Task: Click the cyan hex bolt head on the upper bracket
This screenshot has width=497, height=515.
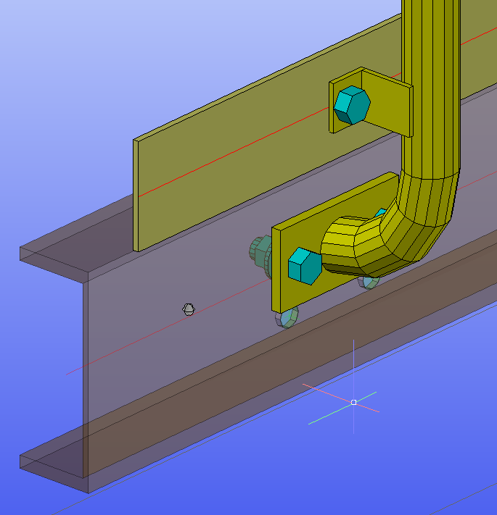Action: click(351, 106)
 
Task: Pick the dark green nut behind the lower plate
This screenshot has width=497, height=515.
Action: click(260, 251)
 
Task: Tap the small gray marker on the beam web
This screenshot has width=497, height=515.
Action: click(189, 309)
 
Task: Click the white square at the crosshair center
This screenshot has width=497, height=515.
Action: click(353, 402)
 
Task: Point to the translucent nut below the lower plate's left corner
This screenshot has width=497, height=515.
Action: click(287, 317)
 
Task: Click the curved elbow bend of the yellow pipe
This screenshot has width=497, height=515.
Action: click(417, 225)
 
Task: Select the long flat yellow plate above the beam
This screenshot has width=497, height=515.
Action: click(218, 159)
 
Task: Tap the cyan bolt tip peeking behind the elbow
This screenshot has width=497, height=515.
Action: click(380, 214)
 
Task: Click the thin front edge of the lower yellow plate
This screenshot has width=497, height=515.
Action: click(276, 275)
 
